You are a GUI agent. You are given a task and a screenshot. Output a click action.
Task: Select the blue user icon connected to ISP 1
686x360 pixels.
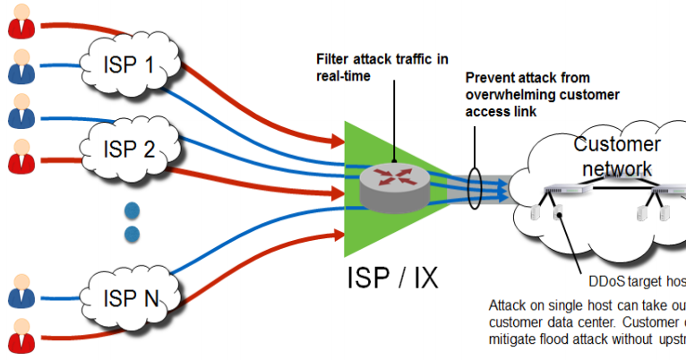[x=20, y=67]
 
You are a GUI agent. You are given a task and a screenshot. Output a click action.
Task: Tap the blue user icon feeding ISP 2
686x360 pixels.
[x=20, y=115]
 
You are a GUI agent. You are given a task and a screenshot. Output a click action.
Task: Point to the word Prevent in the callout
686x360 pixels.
[x=492, y=80]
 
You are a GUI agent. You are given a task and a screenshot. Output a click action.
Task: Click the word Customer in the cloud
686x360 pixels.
[x=616, y=144]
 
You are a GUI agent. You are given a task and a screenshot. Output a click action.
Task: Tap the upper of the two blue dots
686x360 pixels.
[x=132, y=212]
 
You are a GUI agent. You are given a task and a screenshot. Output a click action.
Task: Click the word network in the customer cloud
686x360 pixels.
[x=616, y=168]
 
